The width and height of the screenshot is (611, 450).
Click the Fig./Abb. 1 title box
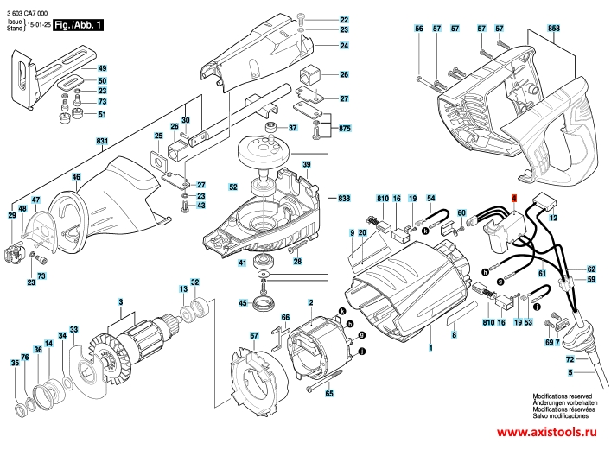click(78, 25)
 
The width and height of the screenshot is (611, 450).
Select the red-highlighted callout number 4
click(514, 199)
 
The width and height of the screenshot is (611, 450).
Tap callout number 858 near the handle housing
click(553, 28)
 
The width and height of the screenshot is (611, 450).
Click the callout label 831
click(102, 141)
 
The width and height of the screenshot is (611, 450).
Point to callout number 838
click(344, 199)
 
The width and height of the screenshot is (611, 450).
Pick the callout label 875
click(345, 128)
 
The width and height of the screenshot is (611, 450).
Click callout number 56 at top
click(419, 29)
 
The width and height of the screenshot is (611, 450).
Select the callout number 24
click(344, 46)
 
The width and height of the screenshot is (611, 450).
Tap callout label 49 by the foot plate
click(102, 68)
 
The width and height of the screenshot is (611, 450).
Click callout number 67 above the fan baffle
click(254, 335)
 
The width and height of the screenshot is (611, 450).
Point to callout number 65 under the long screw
click(329, 394)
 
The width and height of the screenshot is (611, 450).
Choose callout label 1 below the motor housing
click(430, 348)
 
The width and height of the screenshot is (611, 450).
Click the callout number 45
click(243, 302)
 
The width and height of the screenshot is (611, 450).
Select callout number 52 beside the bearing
click(233, 187)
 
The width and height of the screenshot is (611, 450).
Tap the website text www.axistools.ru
click(547, 432)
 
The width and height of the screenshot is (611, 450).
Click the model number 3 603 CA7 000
click(28, 14)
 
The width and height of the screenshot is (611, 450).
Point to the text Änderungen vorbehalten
click(565, 402)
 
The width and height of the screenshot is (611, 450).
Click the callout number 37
click(293, 128)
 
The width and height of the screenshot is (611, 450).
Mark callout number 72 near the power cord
click(570, 358)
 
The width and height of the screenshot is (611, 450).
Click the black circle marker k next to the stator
click(341, 311)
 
